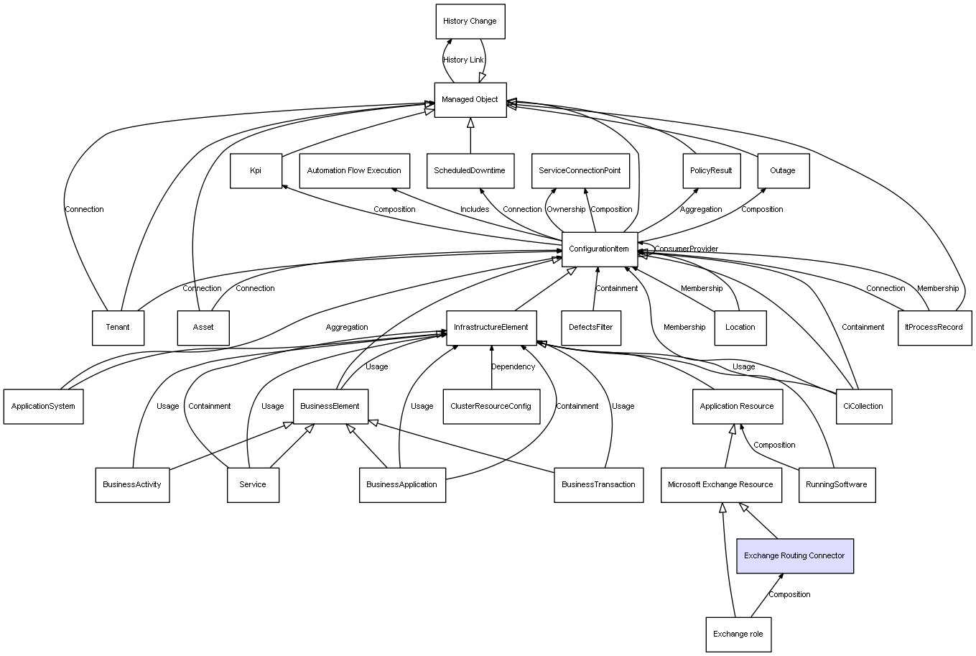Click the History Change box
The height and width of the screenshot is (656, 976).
point(470,22)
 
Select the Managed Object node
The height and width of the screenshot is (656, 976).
point(470,100)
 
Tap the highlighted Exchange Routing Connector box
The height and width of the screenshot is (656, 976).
point(794,556)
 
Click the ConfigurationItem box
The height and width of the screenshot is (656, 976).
point(599,249)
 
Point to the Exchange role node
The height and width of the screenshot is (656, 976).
point(738,634)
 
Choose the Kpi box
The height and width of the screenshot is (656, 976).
point(256,171)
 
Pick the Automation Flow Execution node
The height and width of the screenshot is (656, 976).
point(354,171)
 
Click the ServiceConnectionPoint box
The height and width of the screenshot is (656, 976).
point(580,171)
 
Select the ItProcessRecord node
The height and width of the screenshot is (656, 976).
point(934,328)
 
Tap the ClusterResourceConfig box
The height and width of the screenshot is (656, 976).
point(491,407)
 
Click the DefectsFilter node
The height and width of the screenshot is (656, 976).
point(591,328)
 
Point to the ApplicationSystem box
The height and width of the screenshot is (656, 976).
point(44,407)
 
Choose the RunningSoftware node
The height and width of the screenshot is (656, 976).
point(837,485)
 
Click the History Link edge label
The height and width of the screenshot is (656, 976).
point(463,60)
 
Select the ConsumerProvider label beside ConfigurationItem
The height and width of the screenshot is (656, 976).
point(686,249)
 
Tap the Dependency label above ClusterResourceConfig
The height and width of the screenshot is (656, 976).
point(513,367)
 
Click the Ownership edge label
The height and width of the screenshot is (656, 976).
point(566,210)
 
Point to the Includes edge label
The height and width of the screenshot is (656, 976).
point(475,210)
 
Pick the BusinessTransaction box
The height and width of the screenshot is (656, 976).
point(598,485)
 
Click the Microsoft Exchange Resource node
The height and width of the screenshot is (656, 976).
point(720,485)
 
